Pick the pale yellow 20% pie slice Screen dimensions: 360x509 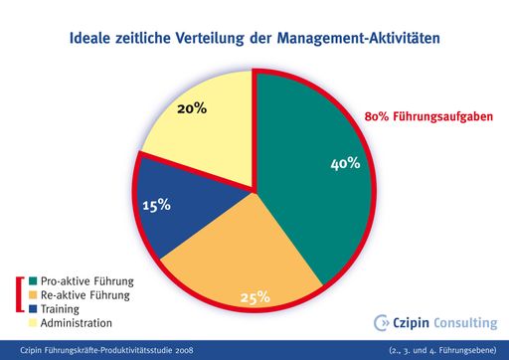pos(204,119)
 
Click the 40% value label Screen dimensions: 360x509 pos(344,164)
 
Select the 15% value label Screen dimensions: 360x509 pos(155,205)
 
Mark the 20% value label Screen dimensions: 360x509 pos(191,107)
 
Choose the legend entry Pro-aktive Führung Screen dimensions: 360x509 pos(85,281)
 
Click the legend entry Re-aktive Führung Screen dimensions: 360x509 pos(84,295)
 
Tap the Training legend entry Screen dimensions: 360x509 pos(61,309)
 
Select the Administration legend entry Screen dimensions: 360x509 pos(76,323)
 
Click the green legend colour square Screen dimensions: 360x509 pos(34,281)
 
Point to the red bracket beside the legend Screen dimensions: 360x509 pos(20,295)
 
